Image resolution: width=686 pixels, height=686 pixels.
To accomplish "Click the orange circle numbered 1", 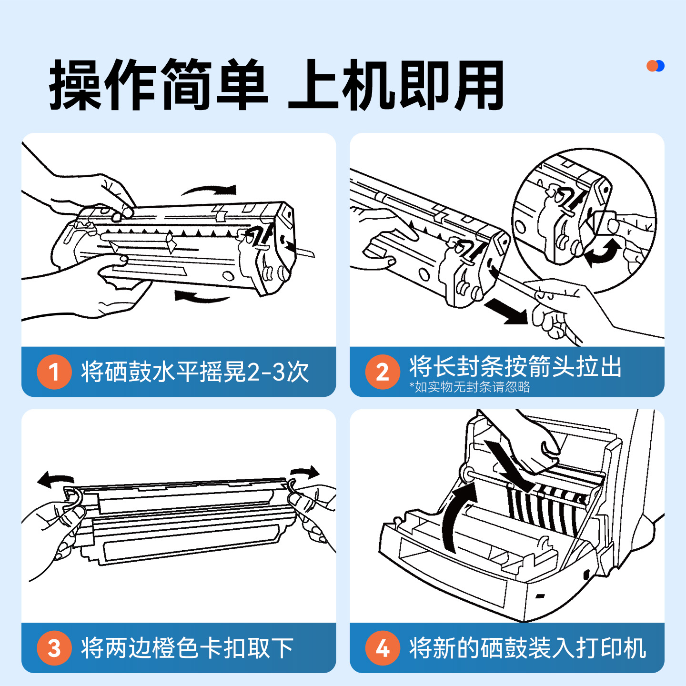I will tap(54, 372).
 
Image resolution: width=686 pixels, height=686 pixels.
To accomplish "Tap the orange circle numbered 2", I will tap(383, 372).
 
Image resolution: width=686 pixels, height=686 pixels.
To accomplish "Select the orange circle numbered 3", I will tap(54, 648).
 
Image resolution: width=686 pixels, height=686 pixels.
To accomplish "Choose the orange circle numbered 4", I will tap(383, 648).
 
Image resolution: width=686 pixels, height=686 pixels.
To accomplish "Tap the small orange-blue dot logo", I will tap(656, 66).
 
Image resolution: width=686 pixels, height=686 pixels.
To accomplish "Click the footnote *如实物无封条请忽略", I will tap(470, 387).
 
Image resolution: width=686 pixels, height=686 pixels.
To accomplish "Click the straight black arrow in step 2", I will tap(507, 312).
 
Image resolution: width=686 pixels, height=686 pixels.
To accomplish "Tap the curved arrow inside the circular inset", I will tap(603, 252).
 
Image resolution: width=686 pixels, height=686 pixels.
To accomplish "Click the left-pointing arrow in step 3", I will tap(55, 479).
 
